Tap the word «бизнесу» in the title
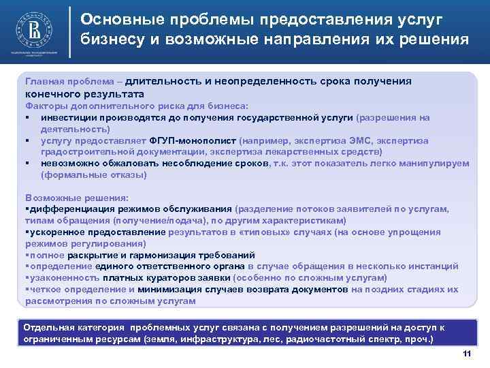(x=112, y=38)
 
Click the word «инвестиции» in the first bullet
(x=67, y=117)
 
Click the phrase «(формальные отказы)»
(x=94, y=175)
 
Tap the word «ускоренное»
(x=54, y=232)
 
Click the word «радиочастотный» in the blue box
(x=321, y=339)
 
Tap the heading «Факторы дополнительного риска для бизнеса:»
(x=136, y=106)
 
